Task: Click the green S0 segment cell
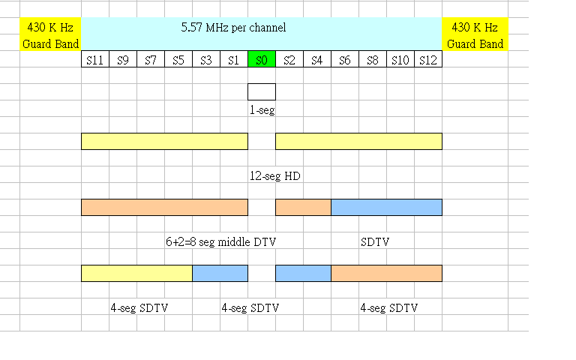262,60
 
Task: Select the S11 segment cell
95,60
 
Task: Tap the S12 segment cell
428,60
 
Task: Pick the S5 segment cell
178,60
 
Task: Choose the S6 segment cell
345,60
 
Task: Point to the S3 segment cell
206,60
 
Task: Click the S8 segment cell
373,60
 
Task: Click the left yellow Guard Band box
50,35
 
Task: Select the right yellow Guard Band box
475,35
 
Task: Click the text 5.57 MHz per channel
233,28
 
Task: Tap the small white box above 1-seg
262,91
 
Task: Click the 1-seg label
262,109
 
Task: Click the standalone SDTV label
375,242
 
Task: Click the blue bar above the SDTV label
386,207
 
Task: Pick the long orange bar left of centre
164,207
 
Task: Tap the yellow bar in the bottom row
136,273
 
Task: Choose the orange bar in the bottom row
386,273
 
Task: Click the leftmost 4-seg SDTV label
139,308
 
